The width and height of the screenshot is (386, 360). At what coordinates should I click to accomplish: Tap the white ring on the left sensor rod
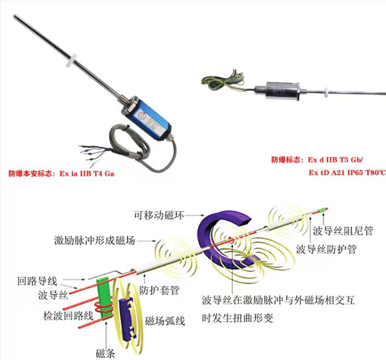click(x=71, y=60)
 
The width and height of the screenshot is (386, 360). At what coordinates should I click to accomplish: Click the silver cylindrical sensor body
click(x=277, y=90)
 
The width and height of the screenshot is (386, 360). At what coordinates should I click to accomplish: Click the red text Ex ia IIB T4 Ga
click(x=87, y=173)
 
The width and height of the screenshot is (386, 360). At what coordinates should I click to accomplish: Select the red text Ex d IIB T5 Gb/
click(x=336, y=160)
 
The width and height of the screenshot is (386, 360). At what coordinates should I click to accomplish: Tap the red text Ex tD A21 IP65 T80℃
click(x=347, y=172)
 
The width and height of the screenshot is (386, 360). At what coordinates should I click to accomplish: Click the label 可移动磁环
click(x=159, y=215)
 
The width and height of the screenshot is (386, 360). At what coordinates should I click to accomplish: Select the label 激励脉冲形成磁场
click(x=95, y=240)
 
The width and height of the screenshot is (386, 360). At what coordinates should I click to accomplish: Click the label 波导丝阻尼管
click(x=343, y=231)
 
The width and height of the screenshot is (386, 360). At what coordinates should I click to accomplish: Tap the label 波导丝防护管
click(x=326, y=249)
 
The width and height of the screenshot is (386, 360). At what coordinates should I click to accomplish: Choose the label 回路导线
click(x=37, y=281)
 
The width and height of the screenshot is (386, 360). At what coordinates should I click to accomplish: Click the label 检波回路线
click(x=68, y=316)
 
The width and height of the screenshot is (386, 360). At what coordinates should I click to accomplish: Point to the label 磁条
click(x=105, y=354)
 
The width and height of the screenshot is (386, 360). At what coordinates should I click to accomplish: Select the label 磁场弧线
click(x=165, y=321)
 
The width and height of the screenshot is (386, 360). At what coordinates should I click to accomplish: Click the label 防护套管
click(x=159, y=291)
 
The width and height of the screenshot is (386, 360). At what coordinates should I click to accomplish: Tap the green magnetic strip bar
click(x=104, y=299)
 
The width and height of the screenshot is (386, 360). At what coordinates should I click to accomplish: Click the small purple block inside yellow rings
click(x=128, y=318)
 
